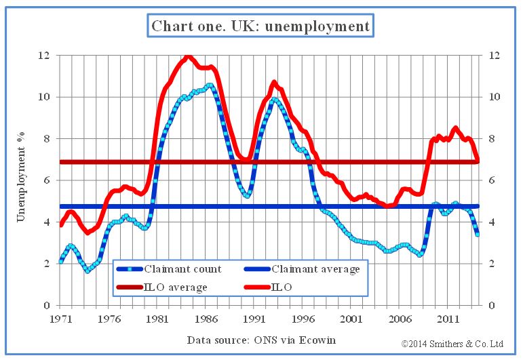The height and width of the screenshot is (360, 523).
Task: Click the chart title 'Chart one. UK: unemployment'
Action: tap(260, 26)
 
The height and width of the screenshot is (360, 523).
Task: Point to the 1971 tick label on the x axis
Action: tap(60, 317)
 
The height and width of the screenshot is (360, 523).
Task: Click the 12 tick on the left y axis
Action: tap(44, 55)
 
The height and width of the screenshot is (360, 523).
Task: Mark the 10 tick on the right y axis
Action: tap(486, 97)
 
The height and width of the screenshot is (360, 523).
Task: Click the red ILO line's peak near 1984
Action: tap(188, 57)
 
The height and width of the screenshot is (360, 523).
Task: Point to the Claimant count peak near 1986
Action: tap(210, 85)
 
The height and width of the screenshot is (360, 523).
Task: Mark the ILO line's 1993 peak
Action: tap(274, 83)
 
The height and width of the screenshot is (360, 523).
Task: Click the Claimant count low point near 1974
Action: tap(88, 271)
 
